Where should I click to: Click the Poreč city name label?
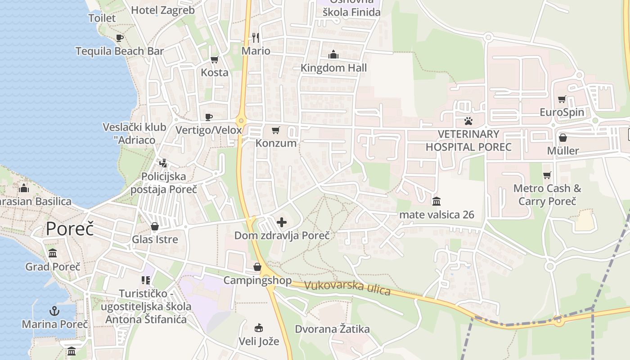(70, 229)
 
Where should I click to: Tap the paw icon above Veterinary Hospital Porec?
(468, 121)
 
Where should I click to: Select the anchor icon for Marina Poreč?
(54, 310)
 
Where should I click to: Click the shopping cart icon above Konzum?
(276, 130)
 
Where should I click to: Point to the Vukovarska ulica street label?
(347, 288)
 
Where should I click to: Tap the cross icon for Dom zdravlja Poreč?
(282, 222)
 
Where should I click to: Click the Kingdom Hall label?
(333, 68)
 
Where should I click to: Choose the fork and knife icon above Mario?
(256, 37)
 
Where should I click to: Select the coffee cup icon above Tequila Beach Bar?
(119, 38)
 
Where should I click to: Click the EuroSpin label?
(562, 112)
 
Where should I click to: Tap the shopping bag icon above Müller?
(562, 138)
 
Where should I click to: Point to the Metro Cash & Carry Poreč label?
(547, 194)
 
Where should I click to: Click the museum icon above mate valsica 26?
(436, 201)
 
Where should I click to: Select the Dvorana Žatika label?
(332, 329)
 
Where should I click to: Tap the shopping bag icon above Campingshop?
(257, 267)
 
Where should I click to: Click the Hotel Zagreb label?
(163, 10)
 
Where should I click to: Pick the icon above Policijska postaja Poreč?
(163, 163)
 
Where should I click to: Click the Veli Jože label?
(259, 341)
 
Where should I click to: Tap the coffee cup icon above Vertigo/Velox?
(209, 117)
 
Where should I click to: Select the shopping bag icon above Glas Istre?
(155, 226)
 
